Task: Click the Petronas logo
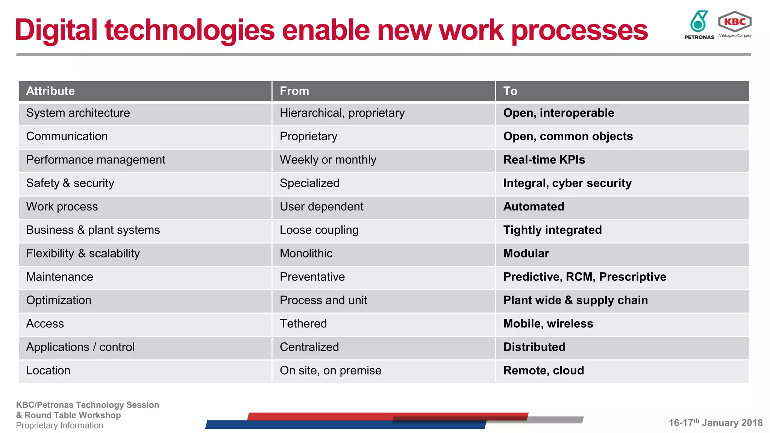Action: click(699, 25)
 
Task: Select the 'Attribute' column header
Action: click(50, 91)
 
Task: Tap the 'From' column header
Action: click(294, 91)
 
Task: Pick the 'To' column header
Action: click(510, 91)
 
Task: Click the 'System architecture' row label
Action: click(78, 113)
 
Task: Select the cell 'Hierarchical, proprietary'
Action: click(342, 113)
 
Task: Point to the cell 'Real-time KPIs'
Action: click(544, 160)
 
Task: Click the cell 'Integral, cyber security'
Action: click(567, 183)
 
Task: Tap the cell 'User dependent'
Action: click(321, 207)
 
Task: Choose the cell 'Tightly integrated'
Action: click(552, 230)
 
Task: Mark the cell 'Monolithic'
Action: click(306, 253)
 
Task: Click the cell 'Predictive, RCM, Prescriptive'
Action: click(585, 277)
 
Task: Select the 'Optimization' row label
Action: click(59, 300)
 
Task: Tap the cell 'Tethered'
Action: click(303, 324)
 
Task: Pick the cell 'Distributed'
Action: click(534, 347)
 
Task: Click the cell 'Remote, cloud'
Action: click(544, 371)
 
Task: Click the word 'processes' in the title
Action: click(579, 31)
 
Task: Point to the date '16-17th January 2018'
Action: click(715, 423)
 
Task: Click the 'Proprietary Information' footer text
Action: click(59, 425)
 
